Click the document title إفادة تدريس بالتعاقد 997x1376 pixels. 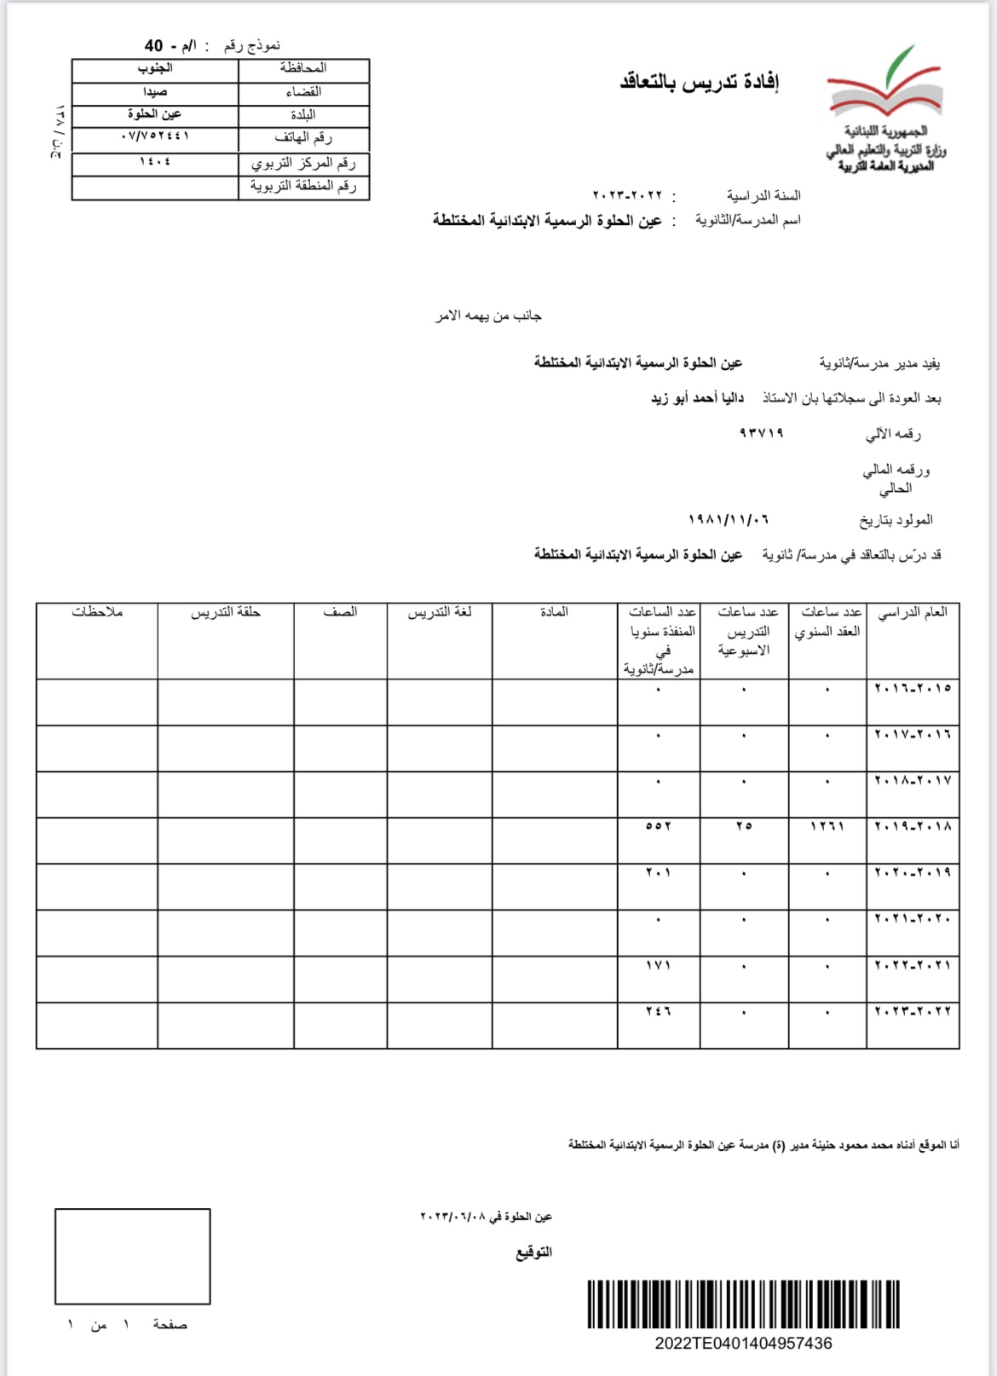[700, 82]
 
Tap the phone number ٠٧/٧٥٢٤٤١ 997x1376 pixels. [155, 136]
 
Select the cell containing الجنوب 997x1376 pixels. [155, 68]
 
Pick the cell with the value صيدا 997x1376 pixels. [155, 91]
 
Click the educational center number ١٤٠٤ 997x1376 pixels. [155, 160]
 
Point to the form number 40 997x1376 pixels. [153, 45]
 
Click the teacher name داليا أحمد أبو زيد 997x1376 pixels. [697, 398]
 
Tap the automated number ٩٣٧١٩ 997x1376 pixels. [761, 433]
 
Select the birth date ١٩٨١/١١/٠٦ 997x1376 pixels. [729, 519]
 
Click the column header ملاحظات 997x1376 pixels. [97, 612]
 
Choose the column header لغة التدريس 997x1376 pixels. [439, 612]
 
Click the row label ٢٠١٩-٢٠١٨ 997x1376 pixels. [913, 826]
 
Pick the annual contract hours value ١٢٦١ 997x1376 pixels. [827, 826]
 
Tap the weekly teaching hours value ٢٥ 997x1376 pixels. [744, 826]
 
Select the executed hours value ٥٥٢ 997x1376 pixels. [658, 826]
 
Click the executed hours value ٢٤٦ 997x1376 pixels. [658, 1011]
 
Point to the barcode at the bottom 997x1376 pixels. [743, 1304]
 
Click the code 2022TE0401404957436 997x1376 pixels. [743, 1344]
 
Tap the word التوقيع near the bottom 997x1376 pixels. [533, 1252]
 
